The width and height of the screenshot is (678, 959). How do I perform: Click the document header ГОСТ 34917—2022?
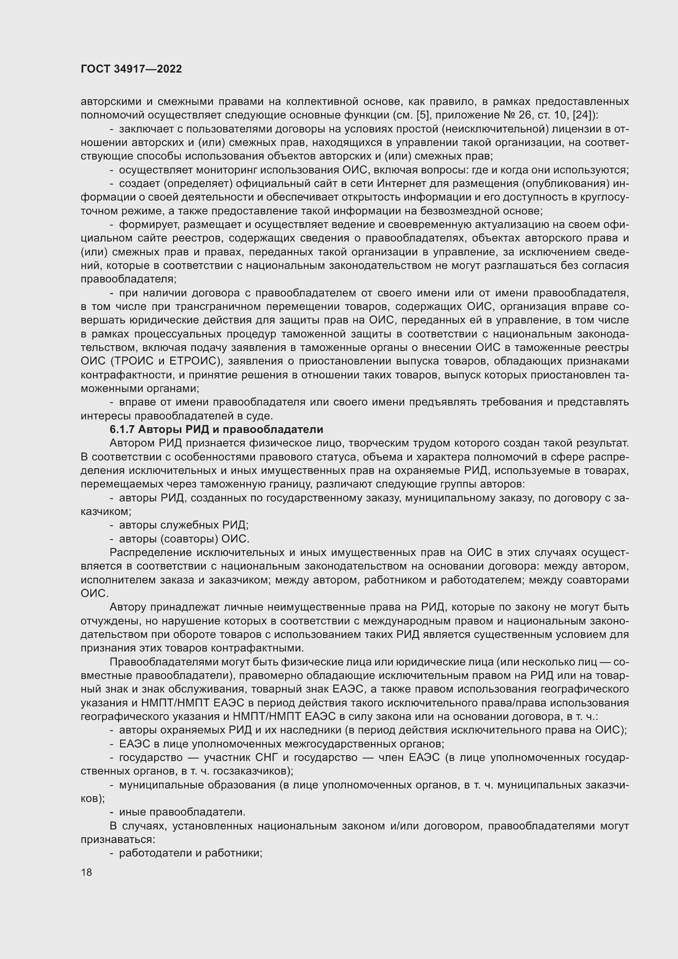click(x=131, y=69)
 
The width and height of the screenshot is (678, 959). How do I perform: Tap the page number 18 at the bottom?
click(x=86, y=872)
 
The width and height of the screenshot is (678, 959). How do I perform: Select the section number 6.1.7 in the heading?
click(x=122, y=429)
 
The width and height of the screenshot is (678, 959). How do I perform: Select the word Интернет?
click(x=402, y=183)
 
